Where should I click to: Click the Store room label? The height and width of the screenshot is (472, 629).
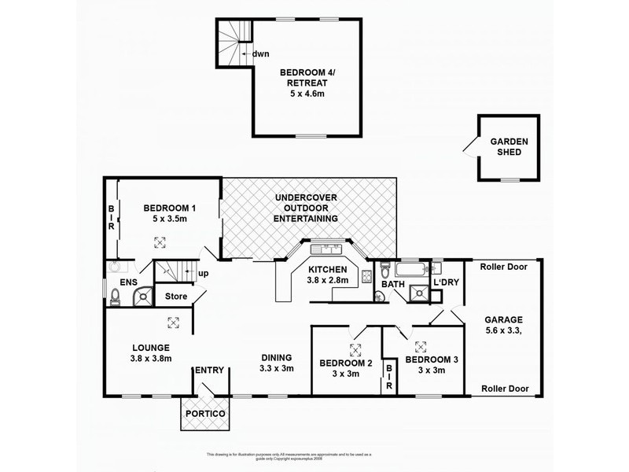(x=176, y=297)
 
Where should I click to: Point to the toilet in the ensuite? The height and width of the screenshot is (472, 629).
(x=116, y=296)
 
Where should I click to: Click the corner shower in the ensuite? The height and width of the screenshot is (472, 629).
(x=142, y=295)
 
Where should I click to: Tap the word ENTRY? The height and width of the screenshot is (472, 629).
(x=210, y=370)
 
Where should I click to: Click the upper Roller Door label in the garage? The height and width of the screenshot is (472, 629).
(x=502, y=266)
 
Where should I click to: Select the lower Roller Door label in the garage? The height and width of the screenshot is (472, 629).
(x=502, y=389)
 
